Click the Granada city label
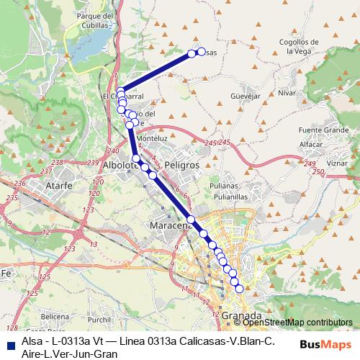click(x=242, y=315)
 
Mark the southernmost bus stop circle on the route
click(x=240, y=289)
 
